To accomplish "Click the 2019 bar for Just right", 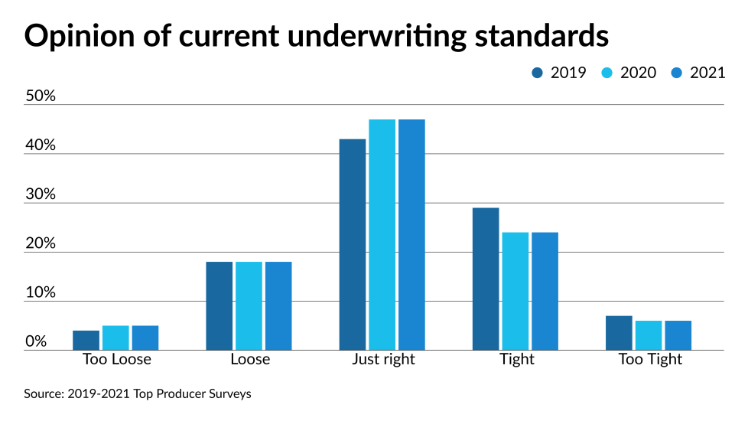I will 353,244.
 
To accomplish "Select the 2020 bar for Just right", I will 382,234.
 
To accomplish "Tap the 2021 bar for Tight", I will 545,291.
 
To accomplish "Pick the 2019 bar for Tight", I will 486,279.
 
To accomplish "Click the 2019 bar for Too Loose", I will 86,340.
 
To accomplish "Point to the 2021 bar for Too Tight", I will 678,335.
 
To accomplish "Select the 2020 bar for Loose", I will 249,305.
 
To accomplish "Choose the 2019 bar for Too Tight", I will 619,333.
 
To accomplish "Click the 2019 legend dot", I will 537,73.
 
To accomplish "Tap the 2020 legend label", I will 638,73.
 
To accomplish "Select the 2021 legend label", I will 707,73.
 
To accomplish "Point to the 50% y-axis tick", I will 41,96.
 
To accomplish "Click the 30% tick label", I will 41,194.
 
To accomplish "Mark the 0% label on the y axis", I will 37,341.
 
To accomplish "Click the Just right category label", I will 383,359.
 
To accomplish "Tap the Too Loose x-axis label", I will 116,359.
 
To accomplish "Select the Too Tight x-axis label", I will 649,359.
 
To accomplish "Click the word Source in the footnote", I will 42,394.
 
